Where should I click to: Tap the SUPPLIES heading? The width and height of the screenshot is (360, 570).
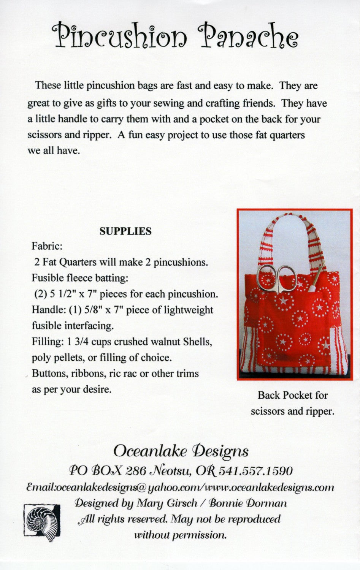(125, 231)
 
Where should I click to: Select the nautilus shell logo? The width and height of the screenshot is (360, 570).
(41, 520)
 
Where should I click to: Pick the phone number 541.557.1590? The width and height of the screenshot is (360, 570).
(257, 471)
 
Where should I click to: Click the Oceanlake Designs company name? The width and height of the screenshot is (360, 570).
(181, 451)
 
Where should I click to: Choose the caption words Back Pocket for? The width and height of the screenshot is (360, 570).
(292, 395)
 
